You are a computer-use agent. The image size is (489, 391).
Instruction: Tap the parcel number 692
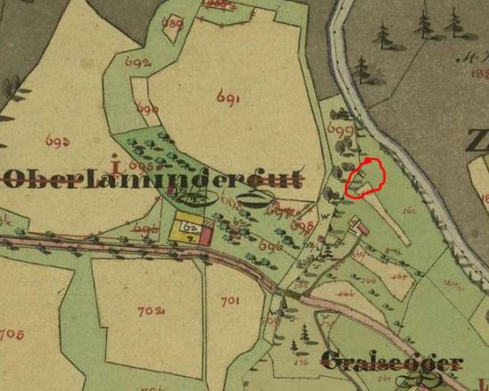pyautogui.click(x=138, y=64)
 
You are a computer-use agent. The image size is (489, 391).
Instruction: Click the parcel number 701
pyautogui.click(x=229, y=301)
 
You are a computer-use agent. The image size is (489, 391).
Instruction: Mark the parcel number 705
pyautogui.click(x=11, y=335)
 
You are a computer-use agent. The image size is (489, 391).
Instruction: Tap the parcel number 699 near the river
pyautogui.click(x=340, y=131)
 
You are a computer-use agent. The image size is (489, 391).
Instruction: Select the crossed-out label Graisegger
pyautogui.click(x=392, y=362)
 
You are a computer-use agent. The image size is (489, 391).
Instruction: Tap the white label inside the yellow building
pyautogui.click(x=189, y=228)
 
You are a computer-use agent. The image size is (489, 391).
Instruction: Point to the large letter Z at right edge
pyautogui.click(x=477, y=140)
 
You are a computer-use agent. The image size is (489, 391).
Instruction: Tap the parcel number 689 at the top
pyautogui.click(x=174, y=23)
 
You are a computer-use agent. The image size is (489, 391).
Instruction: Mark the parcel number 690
pyautogui.click(x=148, y=109)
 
